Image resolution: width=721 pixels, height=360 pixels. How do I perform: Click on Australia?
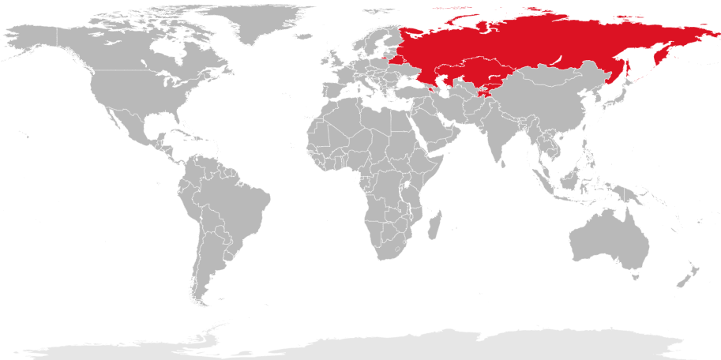[x=608, y=241]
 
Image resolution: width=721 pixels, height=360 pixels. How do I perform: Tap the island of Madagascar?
[x=434, y=227]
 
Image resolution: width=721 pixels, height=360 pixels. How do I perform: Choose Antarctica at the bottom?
[x=395, y=345]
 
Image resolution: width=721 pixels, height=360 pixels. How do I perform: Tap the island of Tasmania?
[x=633, y=276]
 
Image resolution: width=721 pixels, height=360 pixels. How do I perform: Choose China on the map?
[x=545, y=111]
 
